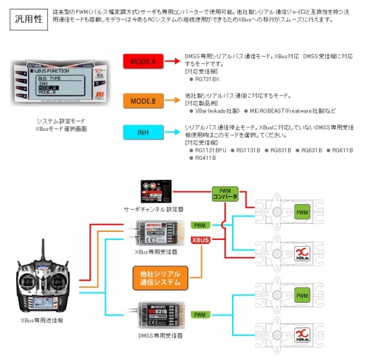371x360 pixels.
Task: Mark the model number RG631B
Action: point(311,150)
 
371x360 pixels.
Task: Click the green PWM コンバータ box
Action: point(225,195)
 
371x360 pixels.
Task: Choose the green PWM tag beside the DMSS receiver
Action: point(200,314)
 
